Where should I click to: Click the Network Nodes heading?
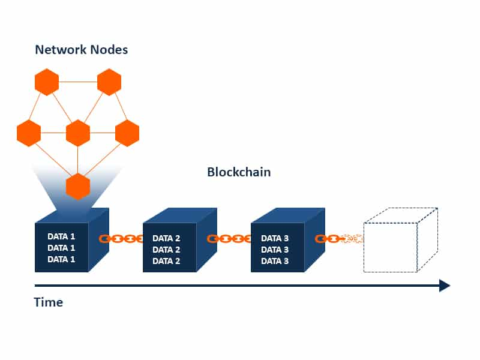click(82, 49)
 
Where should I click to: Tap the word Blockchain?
click(239, 172)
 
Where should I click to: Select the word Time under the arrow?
click(48, 302)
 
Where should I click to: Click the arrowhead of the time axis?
click(445, 286)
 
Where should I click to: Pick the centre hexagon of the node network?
click(78, 133)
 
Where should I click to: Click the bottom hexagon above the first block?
click(78, 186)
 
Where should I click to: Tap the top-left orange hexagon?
click(47, 82)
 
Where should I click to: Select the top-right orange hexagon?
click(109, 82)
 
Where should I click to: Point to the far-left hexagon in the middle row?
click(29, 133)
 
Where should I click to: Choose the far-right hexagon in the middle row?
click(127, 133)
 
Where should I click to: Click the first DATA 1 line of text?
click(61, 236)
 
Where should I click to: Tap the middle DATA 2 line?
click(166, 250)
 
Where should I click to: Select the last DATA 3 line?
click(275, 262)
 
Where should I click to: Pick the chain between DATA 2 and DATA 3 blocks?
click(229, 239)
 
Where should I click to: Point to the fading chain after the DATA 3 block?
click(340, 239)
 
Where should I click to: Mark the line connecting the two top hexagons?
click(78, 82)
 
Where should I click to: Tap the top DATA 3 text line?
click(275, 238)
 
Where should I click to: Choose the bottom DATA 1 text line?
click(61, 259)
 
